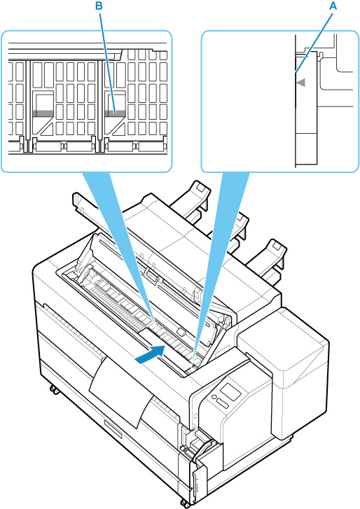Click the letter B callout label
click(x=99, y=6)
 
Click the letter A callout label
click(x=333, y=6)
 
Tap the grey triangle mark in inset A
click(x=301, y=83)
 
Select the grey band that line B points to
click(x=116, y=113)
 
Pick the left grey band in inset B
click(x=43, y=113)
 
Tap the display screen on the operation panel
click(x=230, y=392)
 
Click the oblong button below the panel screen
click(x=223, y=403)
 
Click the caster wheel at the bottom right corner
click(x=186, y=505)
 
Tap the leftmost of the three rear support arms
click(x=192, y=200)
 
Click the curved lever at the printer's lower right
click(x=202, y=449)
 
